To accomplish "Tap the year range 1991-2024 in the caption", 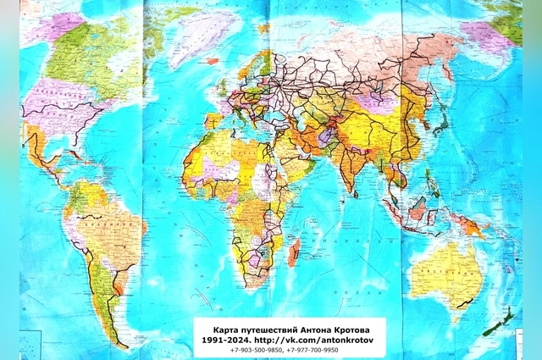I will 222,337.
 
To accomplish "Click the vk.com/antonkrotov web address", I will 324,337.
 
